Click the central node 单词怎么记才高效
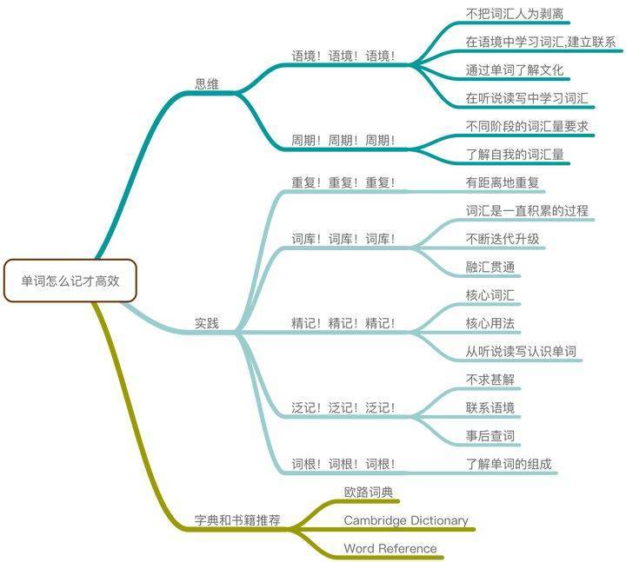70,281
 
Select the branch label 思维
207,84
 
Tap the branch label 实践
207,323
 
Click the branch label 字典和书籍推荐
237,520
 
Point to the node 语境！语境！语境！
343,56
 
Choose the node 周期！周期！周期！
343,141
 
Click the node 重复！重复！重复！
343,182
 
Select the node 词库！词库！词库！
343,239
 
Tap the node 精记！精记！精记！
343,323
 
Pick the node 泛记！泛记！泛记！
343,407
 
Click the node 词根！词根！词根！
343,464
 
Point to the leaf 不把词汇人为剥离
515,14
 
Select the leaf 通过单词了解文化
515,70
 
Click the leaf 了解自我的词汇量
515,155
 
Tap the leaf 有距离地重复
503,182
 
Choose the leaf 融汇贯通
490,267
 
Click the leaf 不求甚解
490,380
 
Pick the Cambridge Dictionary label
406,520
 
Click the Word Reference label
390,548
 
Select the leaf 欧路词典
369,493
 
